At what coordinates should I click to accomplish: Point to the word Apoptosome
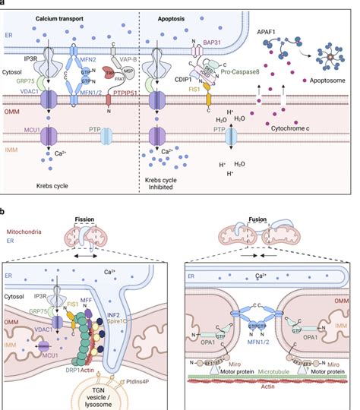coord(327,78)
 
